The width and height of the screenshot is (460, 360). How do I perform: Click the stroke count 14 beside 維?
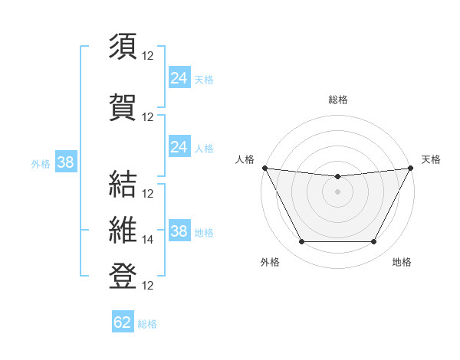point(148,240)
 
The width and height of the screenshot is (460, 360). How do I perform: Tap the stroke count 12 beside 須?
point(148,56)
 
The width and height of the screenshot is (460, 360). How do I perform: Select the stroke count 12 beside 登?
point(148,286)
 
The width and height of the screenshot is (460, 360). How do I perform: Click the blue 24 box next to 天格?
point(179,77)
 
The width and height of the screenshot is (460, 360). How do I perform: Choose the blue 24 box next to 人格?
point(179,146)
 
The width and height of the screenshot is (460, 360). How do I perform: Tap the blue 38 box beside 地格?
point(179,231)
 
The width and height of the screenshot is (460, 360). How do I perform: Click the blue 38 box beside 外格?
point(65,162)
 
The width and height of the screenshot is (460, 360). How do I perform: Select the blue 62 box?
point(123,322)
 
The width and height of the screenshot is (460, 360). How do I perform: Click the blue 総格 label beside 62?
point(147,324)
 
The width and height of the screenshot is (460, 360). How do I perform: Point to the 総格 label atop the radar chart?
point(337,100)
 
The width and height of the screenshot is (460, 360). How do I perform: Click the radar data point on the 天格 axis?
point(412,168)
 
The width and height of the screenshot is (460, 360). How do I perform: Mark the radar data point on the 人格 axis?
point(264,168)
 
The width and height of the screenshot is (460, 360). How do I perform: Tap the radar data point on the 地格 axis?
point(374,242)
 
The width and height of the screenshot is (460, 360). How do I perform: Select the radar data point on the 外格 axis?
point(301,242)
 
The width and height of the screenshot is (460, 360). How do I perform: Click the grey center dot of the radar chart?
point(337,191)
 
